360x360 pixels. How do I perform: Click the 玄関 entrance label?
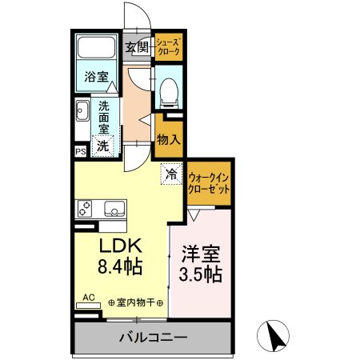point(137,47)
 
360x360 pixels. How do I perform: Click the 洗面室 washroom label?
point(105,117)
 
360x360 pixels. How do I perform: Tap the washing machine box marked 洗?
point(102,146)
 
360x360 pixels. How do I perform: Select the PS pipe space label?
point(80,150)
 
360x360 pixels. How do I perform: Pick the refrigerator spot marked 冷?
point(171,170)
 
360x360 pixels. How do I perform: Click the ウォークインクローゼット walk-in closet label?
point(210,182)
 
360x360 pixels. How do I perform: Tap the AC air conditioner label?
point(88,298)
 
